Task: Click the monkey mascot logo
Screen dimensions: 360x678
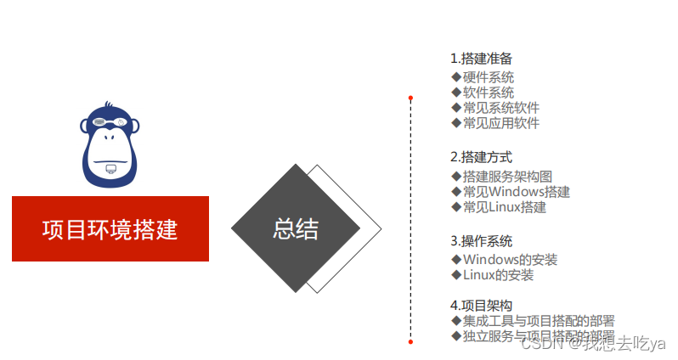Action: click(110, 145)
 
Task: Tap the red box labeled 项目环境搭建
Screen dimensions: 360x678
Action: click(110, 229)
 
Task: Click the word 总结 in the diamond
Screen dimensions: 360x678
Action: click(295, 228)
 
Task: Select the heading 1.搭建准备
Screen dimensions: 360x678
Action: click(481, 59)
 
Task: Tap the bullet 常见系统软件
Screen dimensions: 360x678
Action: click(500, 108)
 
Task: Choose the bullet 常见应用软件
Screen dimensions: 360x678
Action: click(500, 123)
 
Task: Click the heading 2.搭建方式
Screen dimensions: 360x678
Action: click(481, 157)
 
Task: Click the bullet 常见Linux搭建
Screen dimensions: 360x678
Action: click(504, 207)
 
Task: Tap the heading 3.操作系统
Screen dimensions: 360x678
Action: click(481, 241)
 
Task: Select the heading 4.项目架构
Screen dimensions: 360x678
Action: click(481, 306)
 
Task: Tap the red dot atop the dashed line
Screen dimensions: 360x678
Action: click(410, 98)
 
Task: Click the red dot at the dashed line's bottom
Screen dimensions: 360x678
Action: click(410, 341)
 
